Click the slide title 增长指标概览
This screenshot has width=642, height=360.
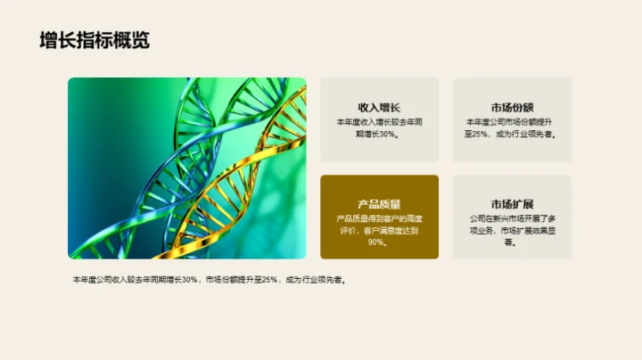pyautogui.click(x=95, y=40)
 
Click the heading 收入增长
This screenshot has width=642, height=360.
pyautogui.click(x=379, y=107)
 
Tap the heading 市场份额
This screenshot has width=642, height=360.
pyautogui.click(x=512, y=107)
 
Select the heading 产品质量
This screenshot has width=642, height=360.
pyautogui.click(x=379, y=204)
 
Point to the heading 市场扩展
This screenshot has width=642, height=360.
pyautogui.click(x=512, y=204)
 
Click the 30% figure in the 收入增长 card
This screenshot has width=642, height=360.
pyautogui.click(x=387, y=135)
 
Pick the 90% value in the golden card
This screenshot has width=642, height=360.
pyautogui.click(x=377, y=242)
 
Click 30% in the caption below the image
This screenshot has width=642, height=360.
pyautogui.click(x=188, y=280)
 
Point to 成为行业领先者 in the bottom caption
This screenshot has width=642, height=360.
pyautogui.click(x=316, y=280)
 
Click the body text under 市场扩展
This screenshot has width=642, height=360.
pyautogui.click(x=512, y=230)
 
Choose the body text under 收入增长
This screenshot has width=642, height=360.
pyautogui.click(x=379, y=127)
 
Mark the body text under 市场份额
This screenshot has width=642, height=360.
pyautogui.click(x=512, y=127)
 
